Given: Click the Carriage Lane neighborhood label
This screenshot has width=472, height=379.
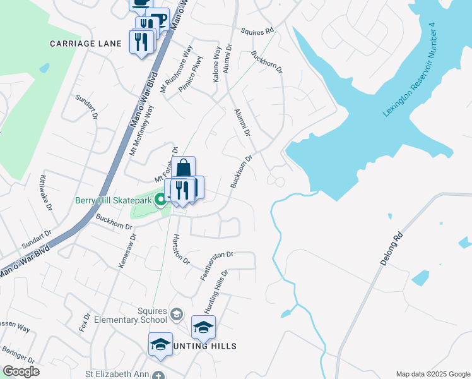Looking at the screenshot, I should click(81, 44).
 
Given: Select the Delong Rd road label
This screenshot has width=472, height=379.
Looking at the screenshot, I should click(391, 250).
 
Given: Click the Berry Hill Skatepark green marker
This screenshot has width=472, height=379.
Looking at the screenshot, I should click(161, 200).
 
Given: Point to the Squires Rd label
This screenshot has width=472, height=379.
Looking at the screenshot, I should click(258, 30).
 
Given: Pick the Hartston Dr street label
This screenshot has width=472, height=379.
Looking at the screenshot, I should click(180, 249).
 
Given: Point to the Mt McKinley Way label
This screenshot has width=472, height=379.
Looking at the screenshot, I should click(141, 130).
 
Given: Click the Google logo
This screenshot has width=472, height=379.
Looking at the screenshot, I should click(21, 371).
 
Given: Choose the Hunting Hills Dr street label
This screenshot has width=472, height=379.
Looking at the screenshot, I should click(215, 291).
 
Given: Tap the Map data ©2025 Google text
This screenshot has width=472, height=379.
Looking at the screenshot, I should click(432, 374).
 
